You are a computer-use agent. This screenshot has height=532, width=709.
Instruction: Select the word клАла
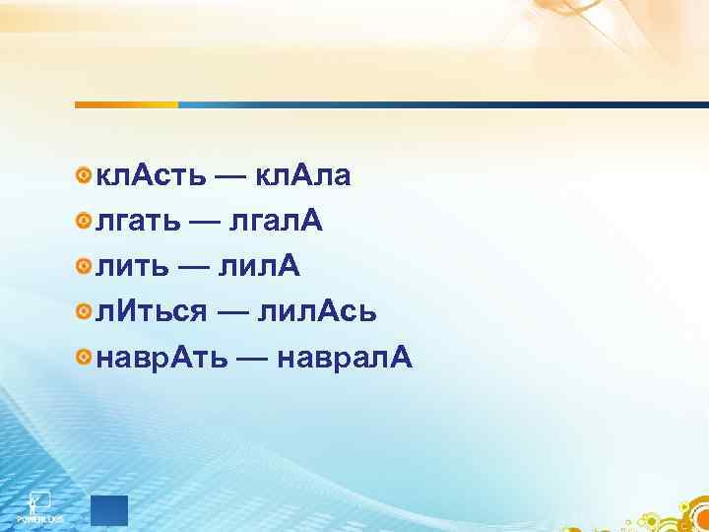click(303, 176)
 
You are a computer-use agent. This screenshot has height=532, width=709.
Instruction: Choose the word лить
click(130, 267)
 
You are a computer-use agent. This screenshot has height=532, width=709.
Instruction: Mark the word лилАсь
click(316, 312)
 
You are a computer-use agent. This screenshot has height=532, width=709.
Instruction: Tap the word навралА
click(346, 358)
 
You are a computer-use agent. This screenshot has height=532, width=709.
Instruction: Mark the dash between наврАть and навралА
click(256, 359)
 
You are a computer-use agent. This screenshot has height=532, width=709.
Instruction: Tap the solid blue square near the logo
click(109, 509)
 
